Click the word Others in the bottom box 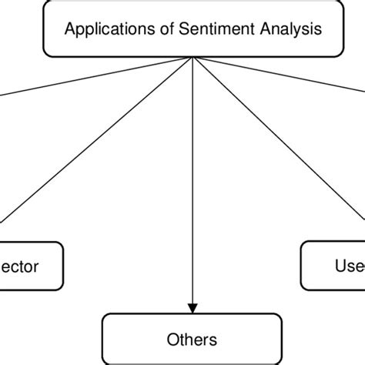(191, 339)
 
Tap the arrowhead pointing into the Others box (191, 309)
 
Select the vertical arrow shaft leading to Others (191, 193)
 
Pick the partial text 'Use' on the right (348, 266)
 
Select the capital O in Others (172, 339)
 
